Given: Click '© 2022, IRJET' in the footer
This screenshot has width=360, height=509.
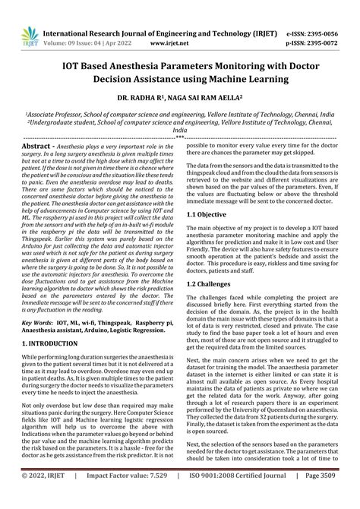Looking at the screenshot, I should tap(44, 498).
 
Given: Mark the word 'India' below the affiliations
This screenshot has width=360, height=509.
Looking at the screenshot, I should tap(180, 130).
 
